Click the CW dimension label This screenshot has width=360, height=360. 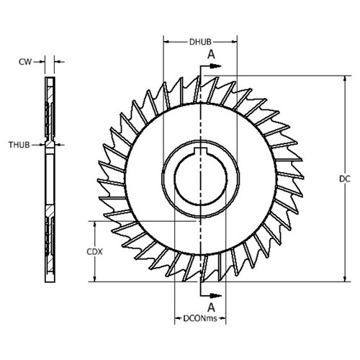point(23,61)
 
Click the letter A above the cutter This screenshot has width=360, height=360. point(210,54)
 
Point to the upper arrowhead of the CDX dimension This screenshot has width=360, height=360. point(93,223)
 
